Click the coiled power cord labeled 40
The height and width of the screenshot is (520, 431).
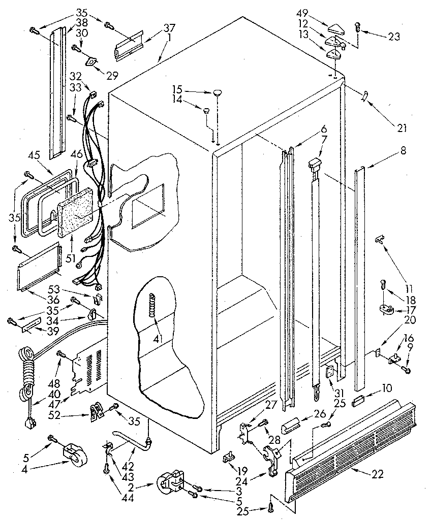[27, 371]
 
